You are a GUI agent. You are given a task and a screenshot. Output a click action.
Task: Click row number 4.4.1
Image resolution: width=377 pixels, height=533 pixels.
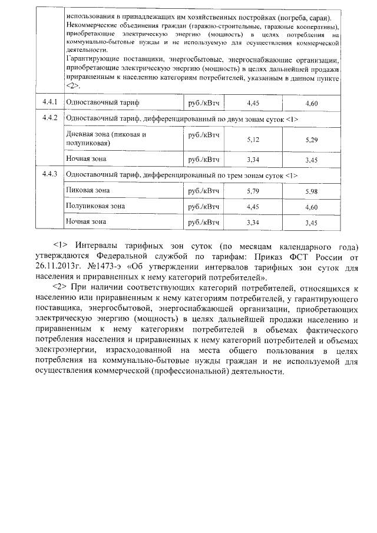(x=49, y=102)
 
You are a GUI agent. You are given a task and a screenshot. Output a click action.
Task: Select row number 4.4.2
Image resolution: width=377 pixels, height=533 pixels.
(x=49, y=117)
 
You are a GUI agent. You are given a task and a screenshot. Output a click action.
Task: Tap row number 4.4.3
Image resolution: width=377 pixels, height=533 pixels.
(x=49, y=175)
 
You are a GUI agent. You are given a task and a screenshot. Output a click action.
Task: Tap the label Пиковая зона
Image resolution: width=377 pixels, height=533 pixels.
(x=88, y=190)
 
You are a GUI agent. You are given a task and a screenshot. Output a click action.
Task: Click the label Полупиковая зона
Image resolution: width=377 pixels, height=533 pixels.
(x=95, y=206)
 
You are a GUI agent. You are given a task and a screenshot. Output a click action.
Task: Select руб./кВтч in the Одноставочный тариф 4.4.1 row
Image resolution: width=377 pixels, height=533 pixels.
(x=203, y=102)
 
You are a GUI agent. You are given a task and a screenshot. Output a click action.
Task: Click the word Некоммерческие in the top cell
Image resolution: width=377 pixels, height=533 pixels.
(x=94, y=28)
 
